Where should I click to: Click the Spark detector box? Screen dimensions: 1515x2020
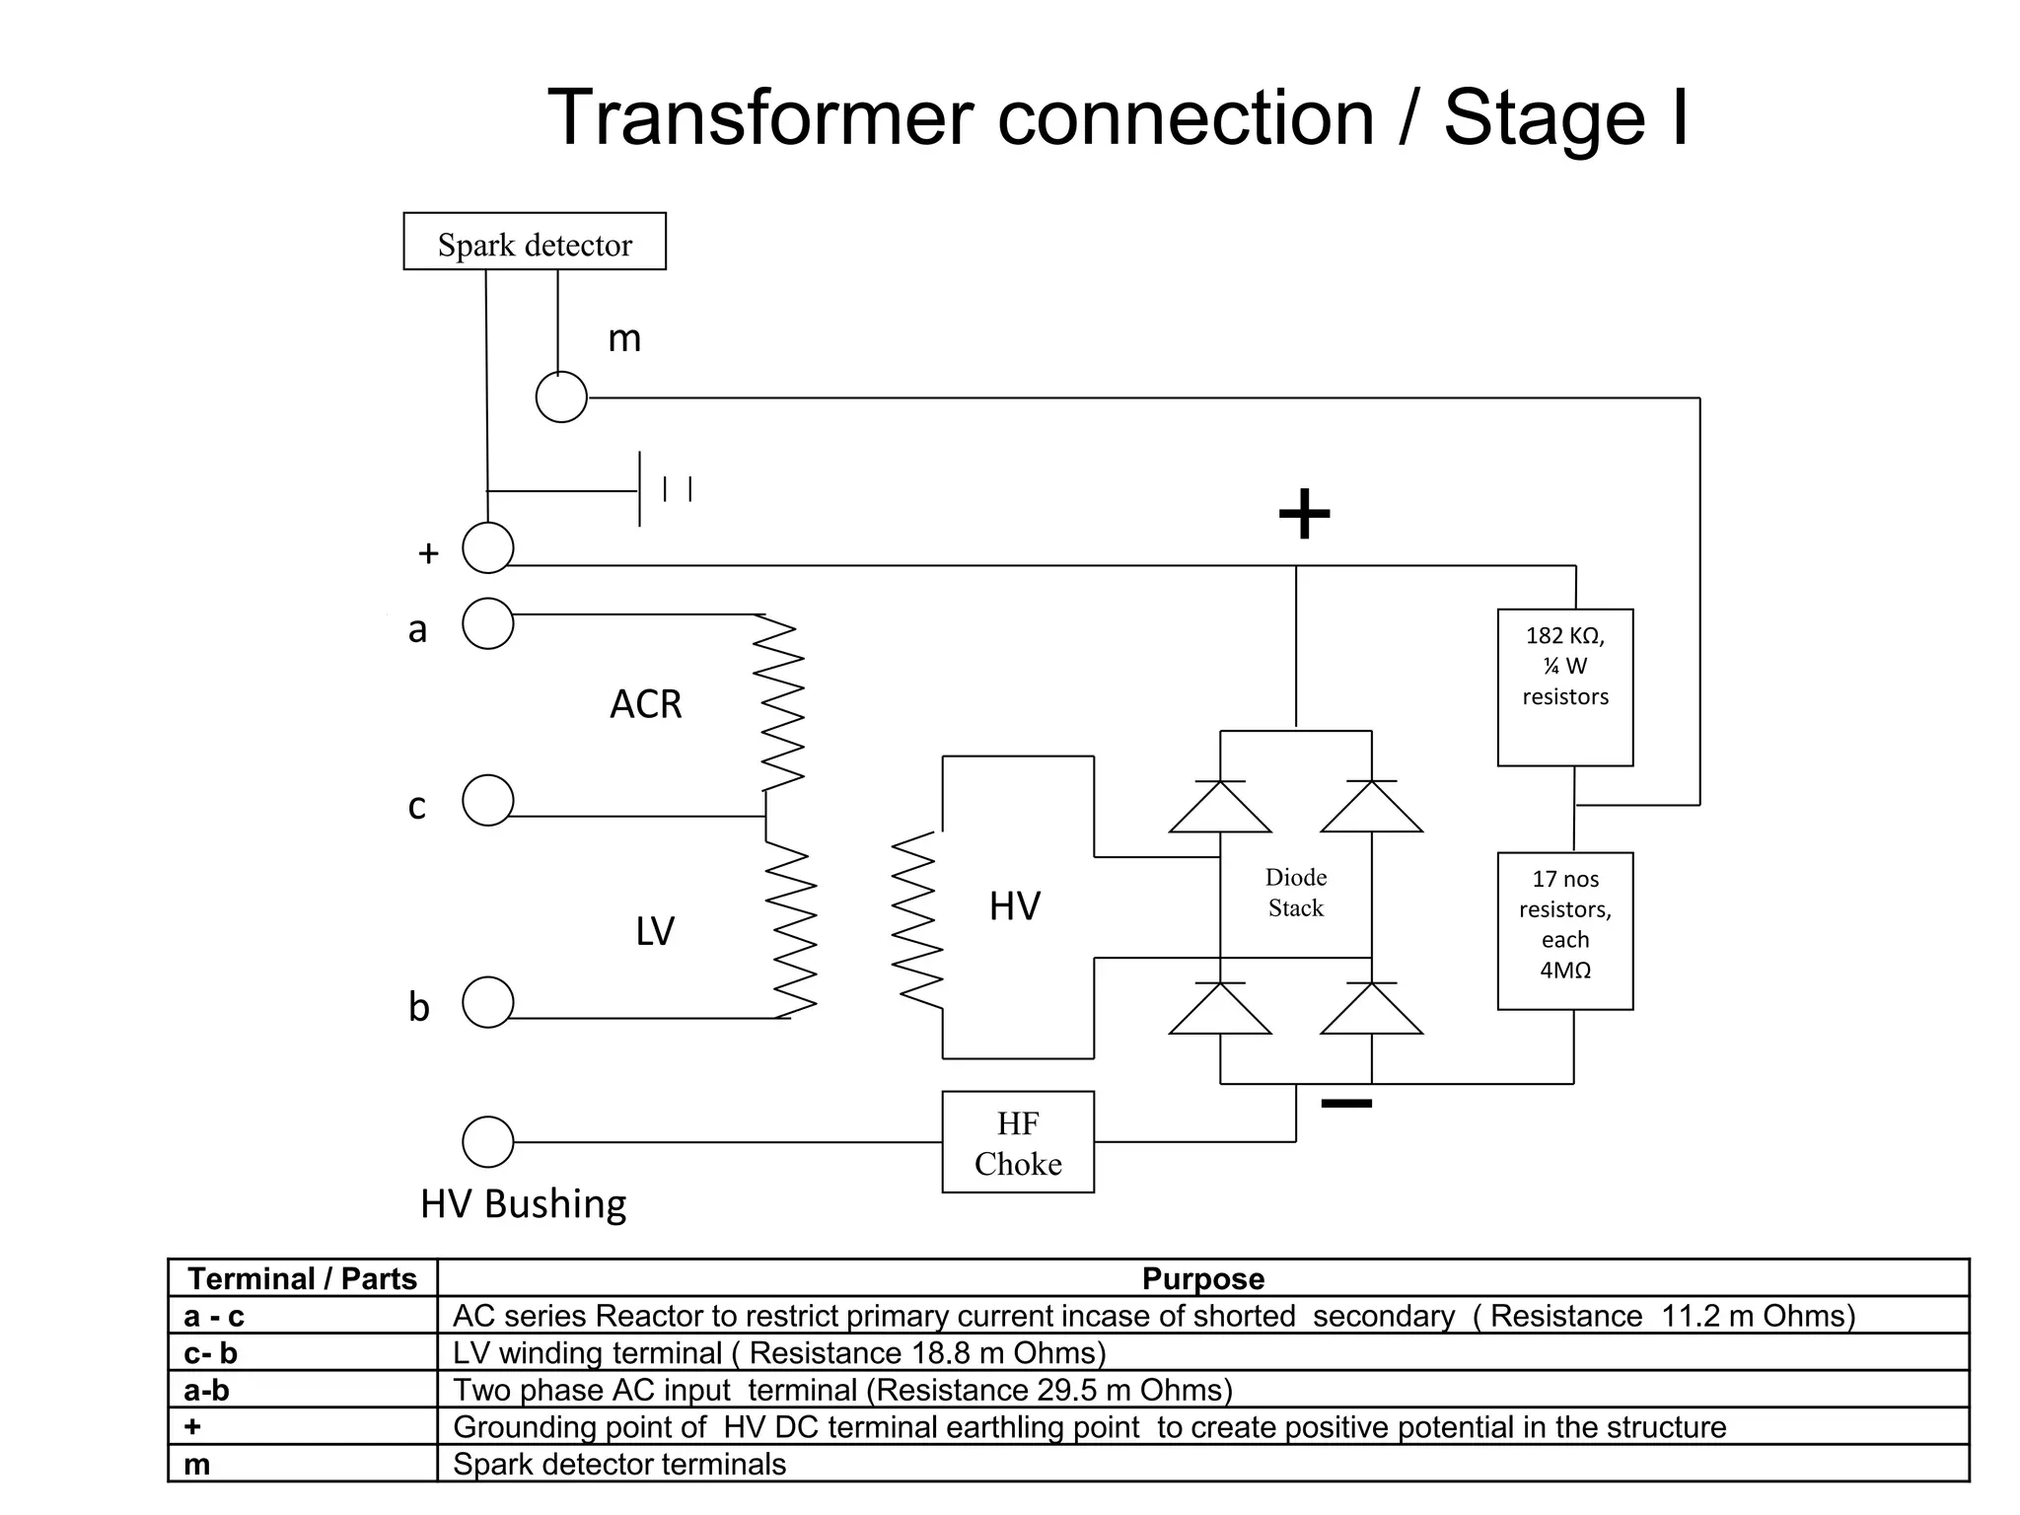click(x=535, y=242)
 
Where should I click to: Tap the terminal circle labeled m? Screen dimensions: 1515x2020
click(x=561, y=397)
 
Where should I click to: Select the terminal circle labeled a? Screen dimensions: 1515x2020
click(x=488, y=623)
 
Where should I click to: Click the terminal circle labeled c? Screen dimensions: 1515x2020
click(x=488, y=800)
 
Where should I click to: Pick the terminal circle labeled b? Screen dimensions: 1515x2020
click(x=488, y=1002)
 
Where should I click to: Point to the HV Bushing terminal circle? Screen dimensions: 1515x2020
click(x=488, y=1142)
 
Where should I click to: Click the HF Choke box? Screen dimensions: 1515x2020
click(x=1018, y=1142)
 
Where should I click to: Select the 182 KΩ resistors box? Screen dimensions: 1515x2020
click(x=1565, y=687)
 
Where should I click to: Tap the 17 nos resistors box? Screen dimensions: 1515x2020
click(x=1565, y=931)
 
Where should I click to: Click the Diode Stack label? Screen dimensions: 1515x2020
click(x=1296, y=893)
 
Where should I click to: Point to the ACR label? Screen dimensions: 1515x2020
click(x=646, y=704)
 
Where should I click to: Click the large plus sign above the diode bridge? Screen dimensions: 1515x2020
click(x=1304, y=514)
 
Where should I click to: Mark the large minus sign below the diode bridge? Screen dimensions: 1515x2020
click(x=1346, y=1104)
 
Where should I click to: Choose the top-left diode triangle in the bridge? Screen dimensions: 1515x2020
click(x=1220, y=809)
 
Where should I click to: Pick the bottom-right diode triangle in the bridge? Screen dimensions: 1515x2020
click(x=1371, y=1011)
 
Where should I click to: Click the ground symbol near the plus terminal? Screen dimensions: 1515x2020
click(x=663, y=489)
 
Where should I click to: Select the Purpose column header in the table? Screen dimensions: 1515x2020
click(x=1202, y=1279)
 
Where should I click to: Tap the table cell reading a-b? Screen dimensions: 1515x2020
click(x=207, y=1391)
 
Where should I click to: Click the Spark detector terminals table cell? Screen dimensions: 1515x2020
click(x=619, y=1465)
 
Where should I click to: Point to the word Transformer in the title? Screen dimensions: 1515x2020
click(x=763, y=118)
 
